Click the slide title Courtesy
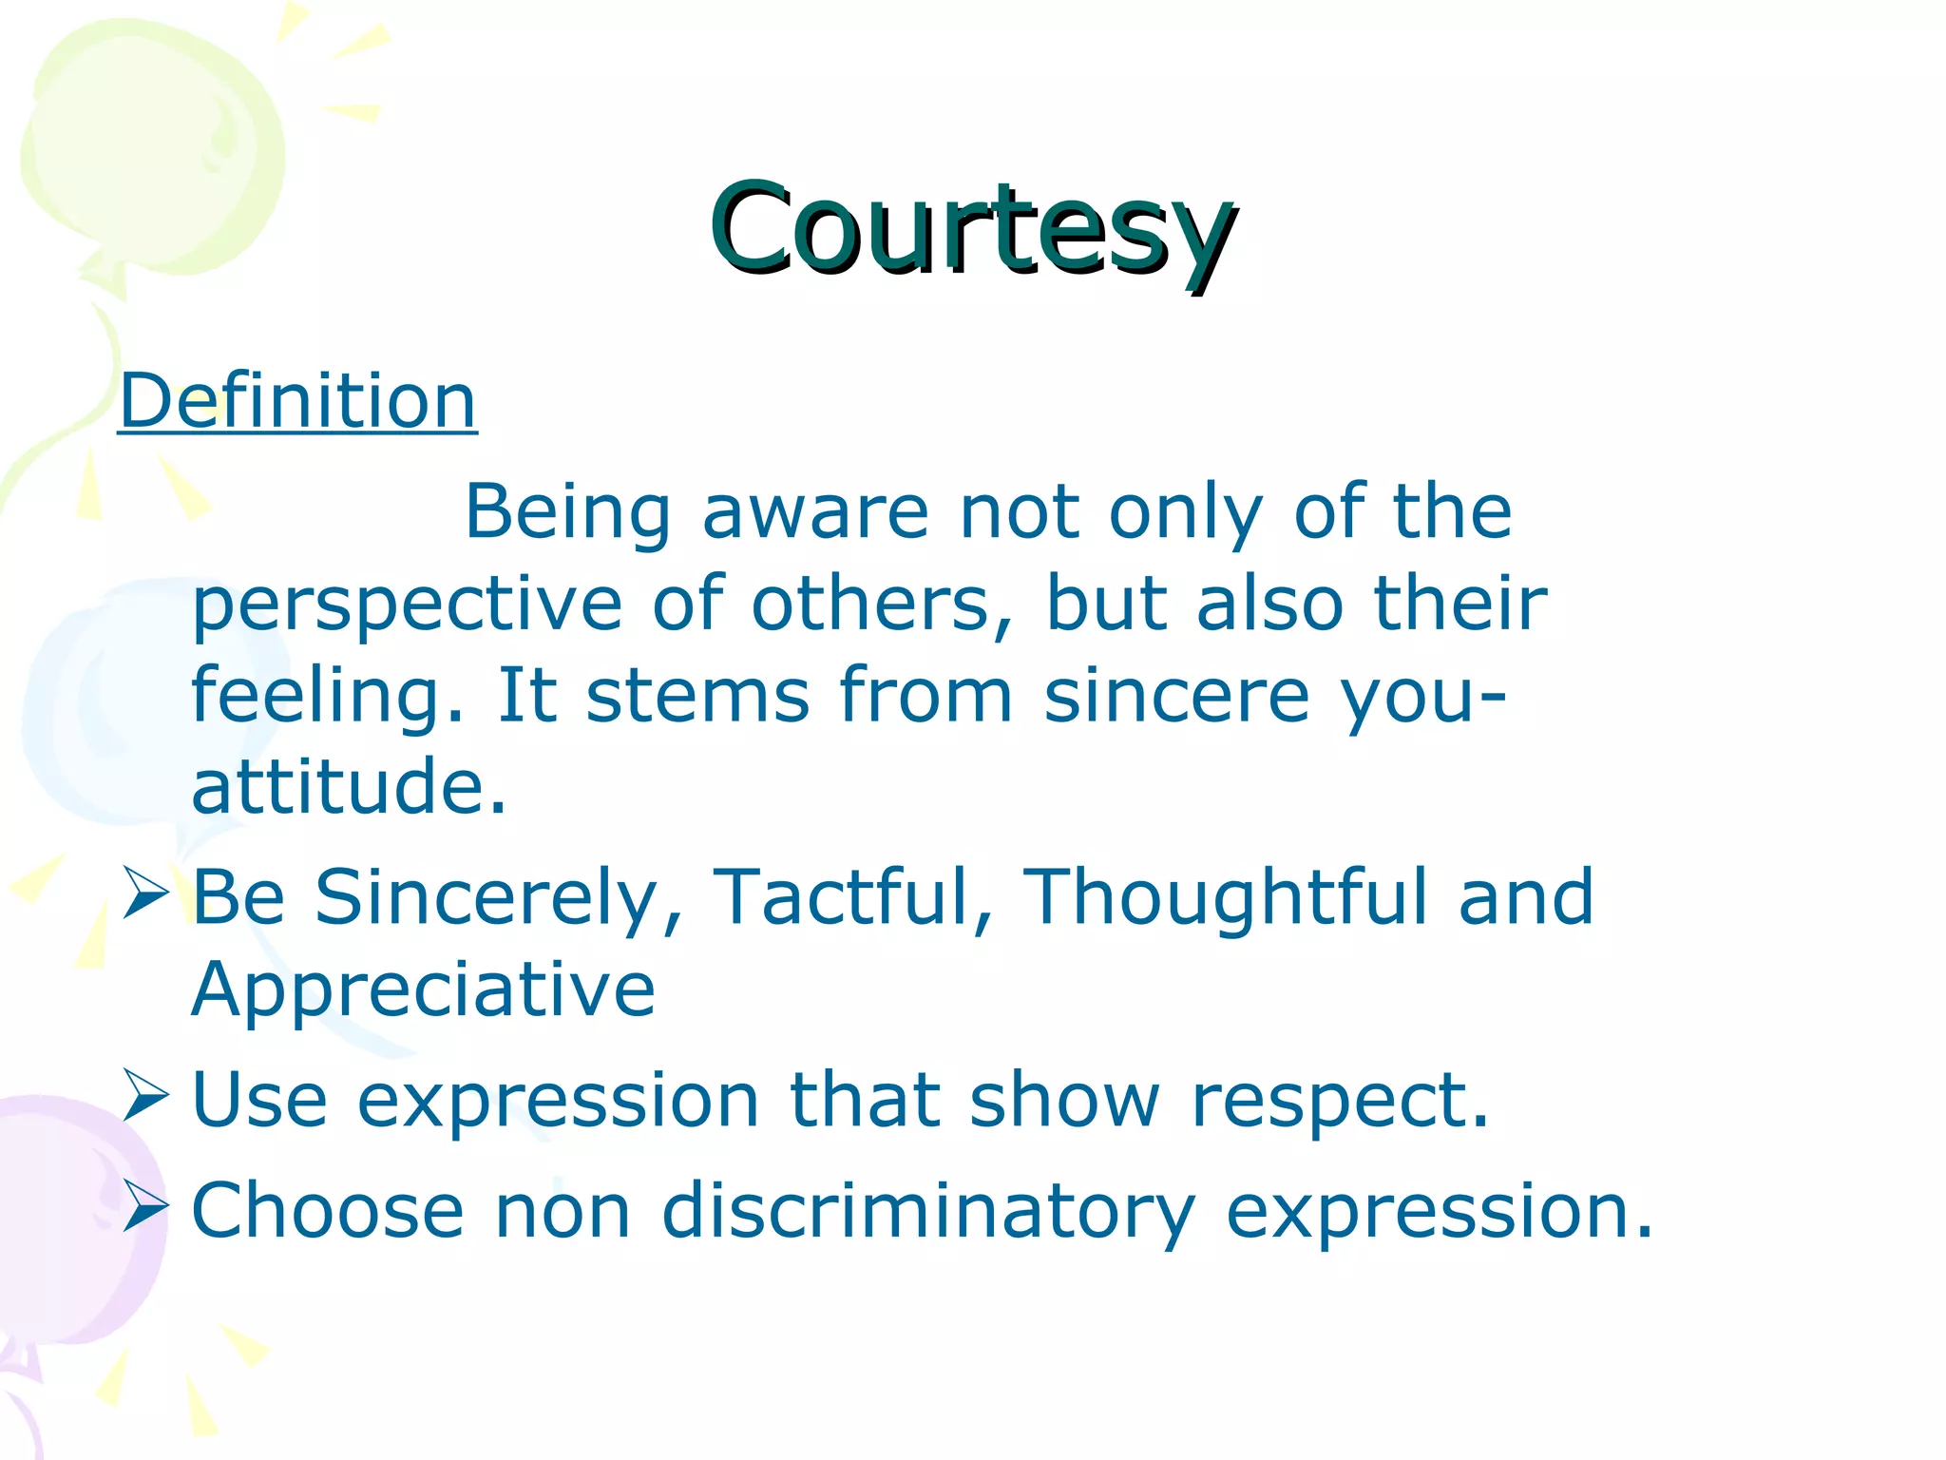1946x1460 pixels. tap(972, 231)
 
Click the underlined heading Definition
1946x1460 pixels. tap(297, 401)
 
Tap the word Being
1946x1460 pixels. tap(567, 514)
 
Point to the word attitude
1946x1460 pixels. tap(349, 786)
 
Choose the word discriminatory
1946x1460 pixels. tap(927, 1212)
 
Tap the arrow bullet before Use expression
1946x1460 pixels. tap(145, 1096)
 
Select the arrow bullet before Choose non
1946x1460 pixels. tap(145, 1207)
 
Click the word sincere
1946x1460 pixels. tap(1176, 696)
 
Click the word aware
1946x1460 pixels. tap(815, 514)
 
